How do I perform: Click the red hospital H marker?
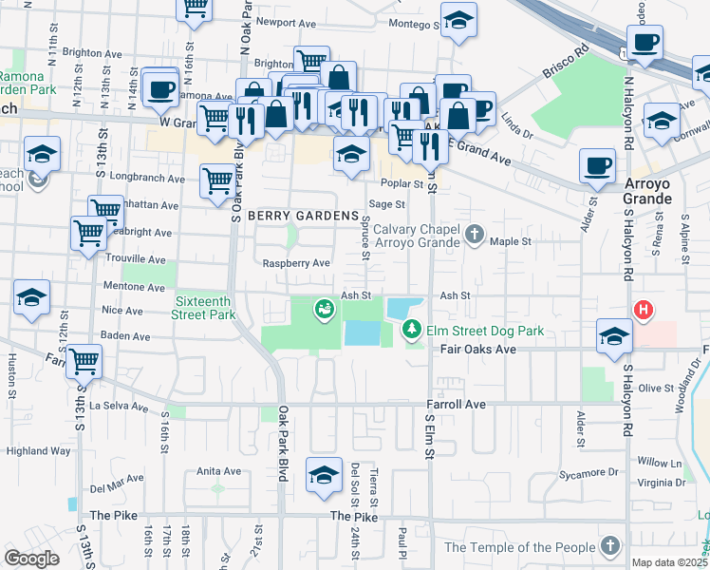pyautogui.click(x=643, y=310)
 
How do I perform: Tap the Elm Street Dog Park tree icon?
pyautogui.click(x=412, y=330)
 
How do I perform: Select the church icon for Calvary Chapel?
pyautogui.click(x=476, y=233)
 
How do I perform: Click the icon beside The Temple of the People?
pyautogui.click(x=609, y=546)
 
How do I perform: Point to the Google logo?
pyautogui.click(x=31, y=558)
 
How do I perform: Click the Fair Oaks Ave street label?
pyautogui.click(x=476, y=350)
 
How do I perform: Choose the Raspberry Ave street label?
pyautogui.click(x=296, y=263)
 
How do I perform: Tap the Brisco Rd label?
pyautogui.click(x=568, y=58)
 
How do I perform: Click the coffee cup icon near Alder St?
pyautogui.click(x=598, y=166)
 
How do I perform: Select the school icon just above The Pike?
pyautogui.click(x=324, y=475)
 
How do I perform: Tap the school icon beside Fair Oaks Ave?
pyautogui.click(x=614, y=335)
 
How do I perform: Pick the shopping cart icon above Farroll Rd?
pyautogui.click(x=84, y=361)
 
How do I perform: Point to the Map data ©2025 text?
pyautogui.click(x=669, y=562)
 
